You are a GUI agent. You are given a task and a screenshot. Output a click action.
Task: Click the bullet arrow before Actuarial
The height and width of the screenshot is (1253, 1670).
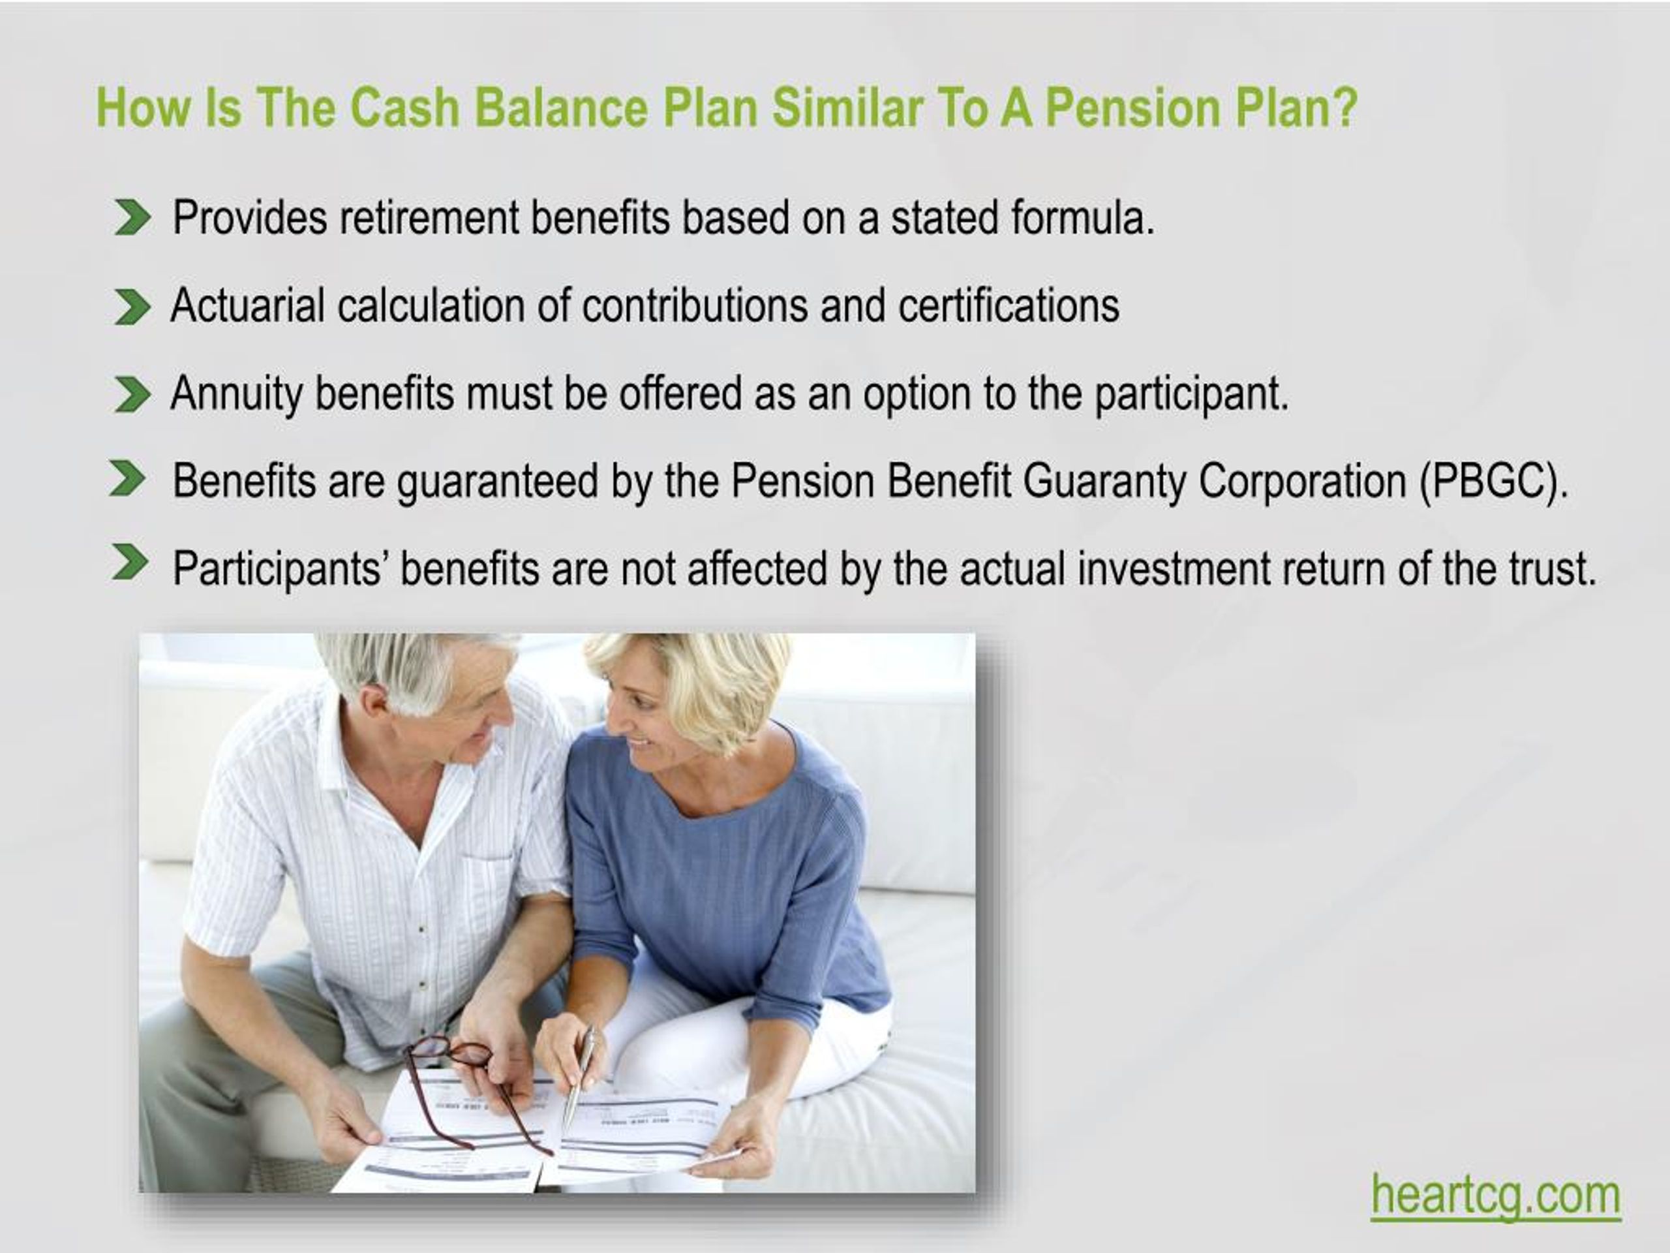click(x=132, y=307)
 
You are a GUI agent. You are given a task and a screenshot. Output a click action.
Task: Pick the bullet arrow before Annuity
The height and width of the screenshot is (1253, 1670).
click(x=132, y=395)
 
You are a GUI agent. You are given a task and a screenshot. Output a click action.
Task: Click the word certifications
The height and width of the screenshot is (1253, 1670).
click(x=1009, y=306)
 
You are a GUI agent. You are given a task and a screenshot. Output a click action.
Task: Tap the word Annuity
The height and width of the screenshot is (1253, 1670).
click(x=235, y=394)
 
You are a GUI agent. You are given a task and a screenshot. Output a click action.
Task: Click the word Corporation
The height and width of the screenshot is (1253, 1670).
click(x=1302, y=481)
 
